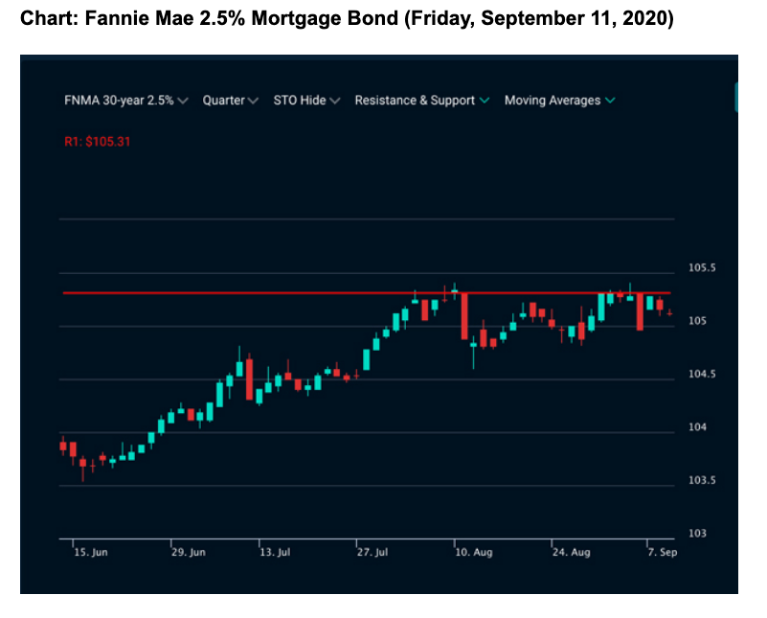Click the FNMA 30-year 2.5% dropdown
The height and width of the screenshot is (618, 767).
pyautogui.click(x=125, y=101)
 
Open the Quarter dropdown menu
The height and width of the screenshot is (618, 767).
pyautogui.click(x=230, y=101)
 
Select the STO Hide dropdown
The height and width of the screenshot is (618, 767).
pyautogui.click(x=305, y=101)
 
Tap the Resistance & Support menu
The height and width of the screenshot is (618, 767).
pyautogui.click(x=421, y=101)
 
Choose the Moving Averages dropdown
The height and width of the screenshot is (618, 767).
pyautogui.click(x=559, y=101)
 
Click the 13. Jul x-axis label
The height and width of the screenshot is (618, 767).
pyautogui.click(x=275, y=553)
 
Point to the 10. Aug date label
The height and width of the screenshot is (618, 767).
pyautogui.click(x=473, y=553)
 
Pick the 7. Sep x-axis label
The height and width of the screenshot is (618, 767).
pyautogui.click(x=661, y=553)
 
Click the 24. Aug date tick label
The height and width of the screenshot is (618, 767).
pyautogui.click(x=572, y=553)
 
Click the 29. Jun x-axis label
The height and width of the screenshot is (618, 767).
pyautogui.click(x=188, y=553)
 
